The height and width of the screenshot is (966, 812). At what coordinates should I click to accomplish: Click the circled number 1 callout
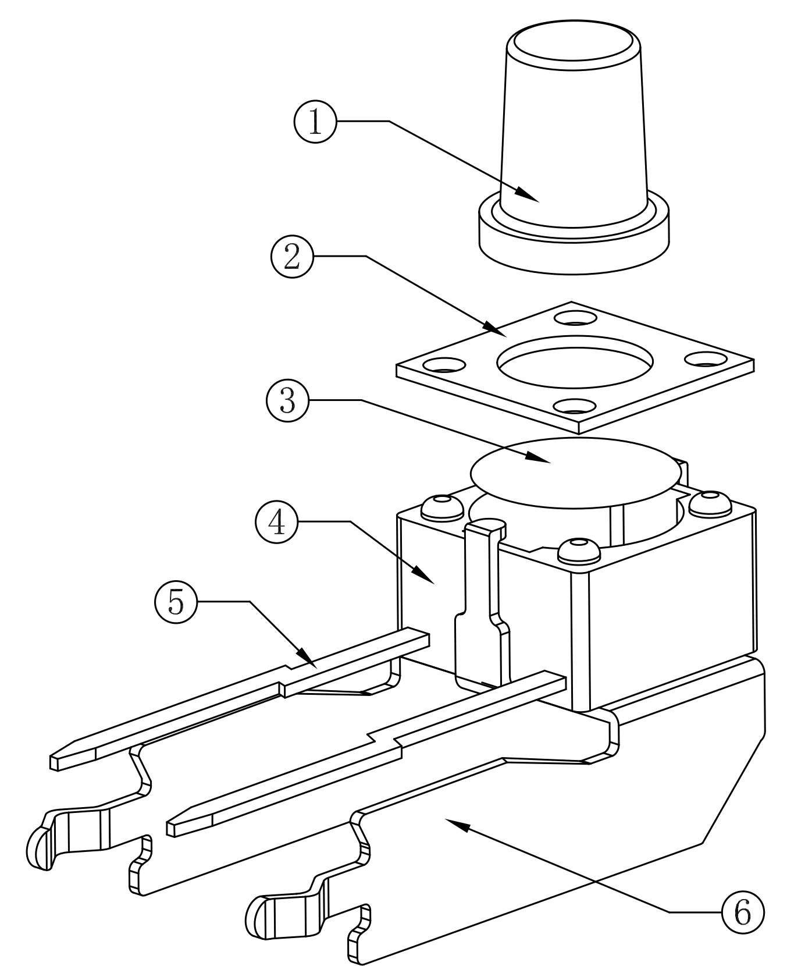(x=315, y=122)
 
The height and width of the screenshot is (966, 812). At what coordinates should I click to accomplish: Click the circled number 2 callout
(x=292, y=257)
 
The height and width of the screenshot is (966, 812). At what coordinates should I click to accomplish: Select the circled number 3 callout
(x=288, y=400)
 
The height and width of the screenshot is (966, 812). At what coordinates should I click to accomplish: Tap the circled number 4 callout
(x=276, y=523)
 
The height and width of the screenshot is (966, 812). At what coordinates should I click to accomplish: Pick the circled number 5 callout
(x=176, y=602)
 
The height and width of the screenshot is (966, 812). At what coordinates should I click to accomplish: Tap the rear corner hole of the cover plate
(x=575, y=319)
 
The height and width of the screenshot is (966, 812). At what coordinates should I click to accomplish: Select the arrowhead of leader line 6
(x=453, y=822)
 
